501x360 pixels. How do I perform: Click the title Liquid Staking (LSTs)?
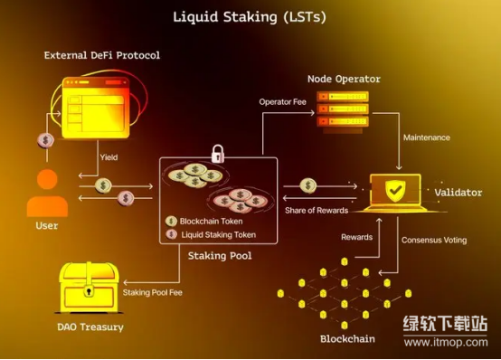click(x=250, y=16)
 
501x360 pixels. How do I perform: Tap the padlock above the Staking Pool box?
click(x=218, y=154)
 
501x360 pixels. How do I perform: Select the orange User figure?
click(x=47, y=193)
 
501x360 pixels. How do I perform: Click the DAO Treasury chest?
click(x=89, y=288)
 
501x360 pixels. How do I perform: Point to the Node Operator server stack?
click(x=343, y=112)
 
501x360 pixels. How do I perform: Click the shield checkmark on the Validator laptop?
click(x=395, y=191)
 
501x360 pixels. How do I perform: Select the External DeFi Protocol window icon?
click(x=96, y=108)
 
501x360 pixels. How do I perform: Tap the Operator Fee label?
click(x=282, y=102)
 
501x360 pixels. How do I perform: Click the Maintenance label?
click(x=427, y=137)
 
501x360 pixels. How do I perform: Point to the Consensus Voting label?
click(x=434, y=240)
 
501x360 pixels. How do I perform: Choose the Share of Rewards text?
click(x=317, y=211)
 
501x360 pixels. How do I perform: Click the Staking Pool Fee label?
click(x=153, y=292)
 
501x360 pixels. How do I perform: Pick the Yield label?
click(x=109, y=157)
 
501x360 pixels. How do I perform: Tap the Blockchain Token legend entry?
click(x=204, y=221)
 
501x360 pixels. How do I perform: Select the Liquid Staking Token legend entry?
click(x=211, y=234)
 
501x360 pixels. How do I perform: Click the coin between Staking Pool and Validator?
click(x=308, y=185)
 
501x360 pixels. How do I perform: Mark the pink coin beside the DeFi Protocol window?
click(x=46, y=140)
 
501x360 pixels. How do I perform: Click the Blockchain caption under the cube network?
click(x=347, y=339)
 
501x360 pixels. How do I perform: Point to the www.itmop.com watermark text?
click(x=446, y=343)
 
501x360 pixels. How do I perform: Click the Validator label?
click(x=458, y=193)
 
